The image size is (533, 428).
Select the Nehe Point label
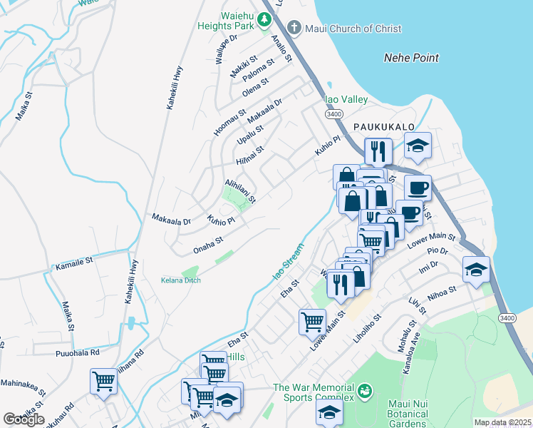coord(411,58)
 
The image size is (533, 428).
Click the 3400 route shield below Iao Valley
coord(333,113)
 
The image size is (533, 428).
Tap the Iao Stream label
coord(289,262)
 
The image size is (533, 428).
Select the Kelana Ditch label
coord(180,280)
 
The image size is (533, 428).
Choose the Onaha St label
coord(208,245)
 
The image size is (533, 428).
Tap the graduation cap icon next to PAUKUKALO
coord(418,147)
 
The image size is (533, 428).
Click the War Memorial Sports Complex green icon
coord(366,390)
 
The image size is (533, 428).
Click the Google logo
coord(24,419)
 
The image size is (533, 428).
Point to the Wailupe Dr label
coord(226,49)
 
